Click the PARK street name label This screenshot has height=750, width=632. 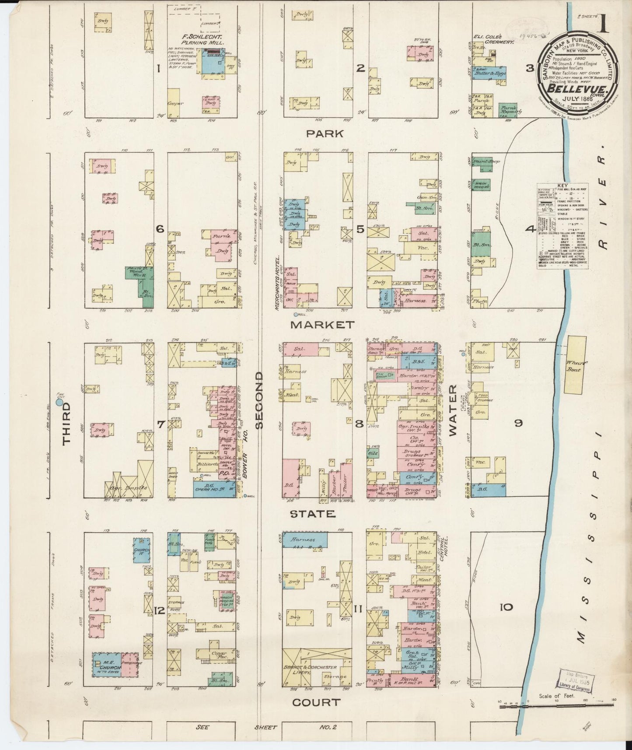(x=325, y=134)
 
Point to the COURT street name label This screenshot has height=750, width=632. (x=316, y=702)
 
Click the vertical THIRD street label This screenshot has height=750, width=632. (x=66, y=424)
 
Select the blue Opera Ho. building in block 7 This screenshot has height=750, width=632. (x=214, y=489)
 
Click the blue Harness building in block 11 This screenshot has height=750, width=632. (x=304, y=540)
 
